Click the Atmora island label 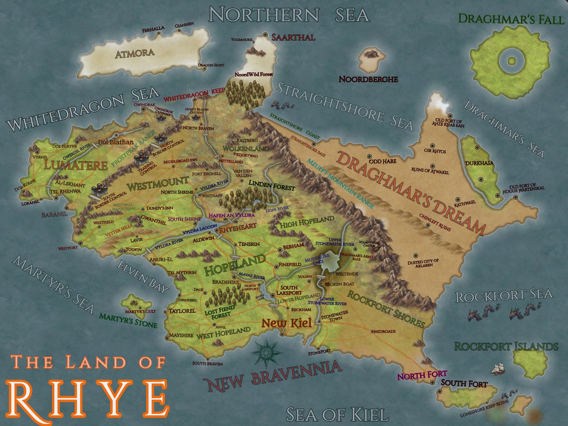(x=135, y=53)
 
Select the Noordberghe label (x=368, y=79)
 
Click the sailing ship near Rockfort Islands (x=498, y=369)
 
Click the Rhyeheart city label (x=238, y=226)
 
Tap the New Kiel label (x=287, y=323)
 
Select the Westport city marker (x=81, y=243)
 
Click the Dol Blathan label (x=116, y=142)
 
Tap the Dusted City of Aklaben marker (x=415, y=255)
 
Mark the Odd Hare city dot (x=369, y=156)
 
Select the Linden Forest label (x=272, y=185)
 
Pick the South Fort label (x=464, y=384)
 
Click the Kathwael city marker (x=457, y=199)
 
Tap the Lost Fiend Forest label (x=219, y=311)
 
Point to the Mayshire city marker (x=167, y=338)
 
